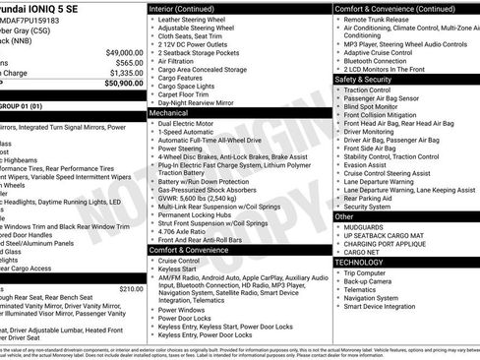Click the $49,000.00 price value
tap(119, 52)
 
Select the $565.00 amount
tap(127, 62)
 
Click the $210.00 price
tap(131, 288)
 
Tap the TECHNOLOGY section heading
tap(360, 263)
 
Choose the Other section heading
tap(345, 215)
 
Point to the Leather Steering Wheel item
tap(191, 20)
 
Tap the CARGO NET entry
tap(363, 252)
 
